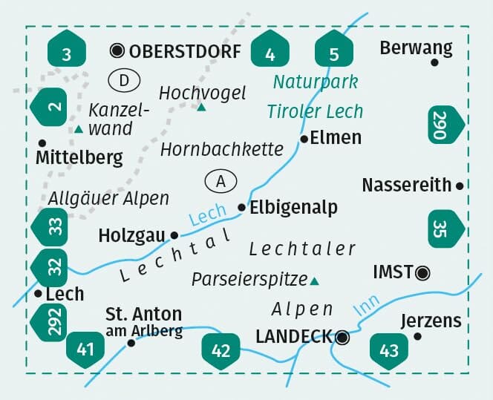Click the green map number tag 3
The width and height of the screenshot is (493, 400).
[x=67, y=52]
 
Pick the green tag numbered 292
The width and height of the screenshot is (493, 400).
[x=50, y=320]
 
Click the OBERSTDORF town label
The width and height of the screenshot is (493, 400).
[x=185, y=51]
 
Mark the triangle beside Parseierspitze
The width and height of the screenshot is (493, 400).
[x=314, y=281]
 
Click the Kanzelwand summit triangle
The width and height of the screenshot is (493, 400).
[x=78, y=130]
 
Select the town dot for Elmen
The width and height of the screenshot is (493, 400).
[x=304, y=139]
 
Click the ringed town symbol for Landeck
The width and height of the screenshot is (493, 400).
[x=342, y=337]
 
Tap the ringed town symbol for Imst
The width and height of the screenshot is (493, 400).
[x=423, y=272]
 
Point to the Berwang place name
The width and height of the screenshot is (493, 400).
[x=416, y=48]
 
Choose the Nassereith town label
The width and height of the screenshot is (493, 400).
[x=407, y=185]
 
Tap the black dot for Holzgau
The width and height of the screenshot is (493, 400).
[x=174, y=235]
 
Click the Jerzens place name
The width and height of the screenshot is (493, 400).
[x=431, y=321]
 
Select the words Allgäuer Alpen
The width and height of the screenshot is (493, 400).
[x=108, y=199]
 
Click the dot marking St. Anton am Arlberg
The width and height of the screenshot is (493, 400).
[x=131, y=343]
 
